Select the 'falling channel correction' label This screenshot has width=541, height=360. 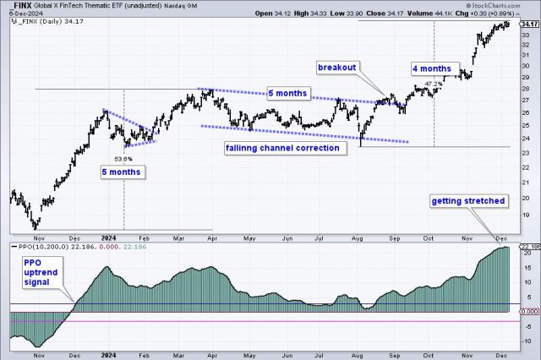click(x=281, y=148)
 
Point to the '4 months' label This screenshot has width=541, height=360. click(x=435, y=67)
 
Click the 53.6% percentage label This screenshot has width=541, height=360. click(x=123, y=159)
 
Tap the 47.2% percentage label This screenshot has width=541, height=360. click(x=433, y=84)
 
